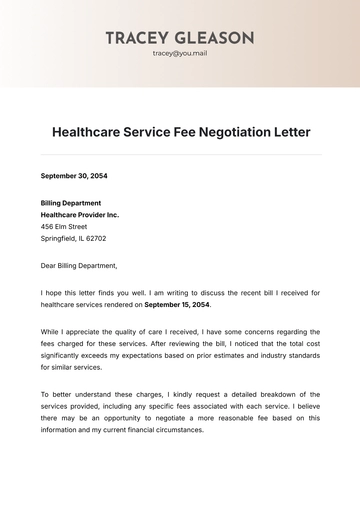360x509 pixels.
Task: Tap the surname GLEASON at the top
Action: click(213, 37)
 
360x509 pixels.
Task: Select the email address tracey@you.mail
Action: click(180, 53)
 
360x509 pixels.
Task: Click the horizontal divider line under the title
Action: click(180, 155)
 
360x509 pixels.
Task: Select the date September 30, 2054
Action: click(74, 176)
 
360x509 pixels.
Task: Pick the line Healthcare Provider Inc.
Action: click(80, 214)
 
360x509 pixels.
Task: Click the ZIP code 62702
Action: click(95, 240)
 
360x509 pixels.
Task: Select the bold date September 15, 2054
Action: click(177, 305)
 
